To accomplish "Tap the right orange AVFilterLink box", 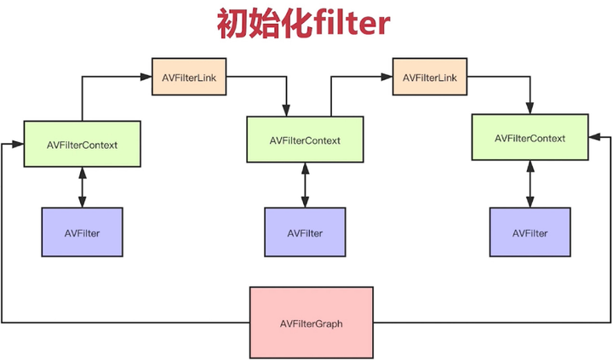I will [431, 77].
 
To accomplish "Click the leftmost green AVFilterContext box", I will [82, 144].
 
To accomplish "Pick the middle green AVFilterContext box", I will [305, 140].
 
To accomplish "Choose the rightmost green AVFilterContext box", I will [530, 137].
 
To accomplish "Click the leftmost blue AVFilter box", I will [82, 232].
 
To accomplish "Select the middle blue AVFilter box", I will [305, 232].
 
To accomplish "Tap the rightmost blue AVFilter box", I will [530, 232].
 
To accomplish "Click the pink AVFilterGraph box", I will [311, 323].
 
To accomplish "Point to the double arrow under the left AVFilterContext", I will [82, 186].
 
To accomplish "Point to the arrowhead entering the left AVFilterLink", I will [146, 77].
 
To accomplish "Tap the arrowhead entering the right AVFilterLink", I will [387, 77].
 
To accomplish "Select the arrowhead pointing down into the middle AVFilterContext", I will [287, 111].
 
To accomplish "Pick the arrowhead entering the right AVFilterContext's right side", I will [593, 136].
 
